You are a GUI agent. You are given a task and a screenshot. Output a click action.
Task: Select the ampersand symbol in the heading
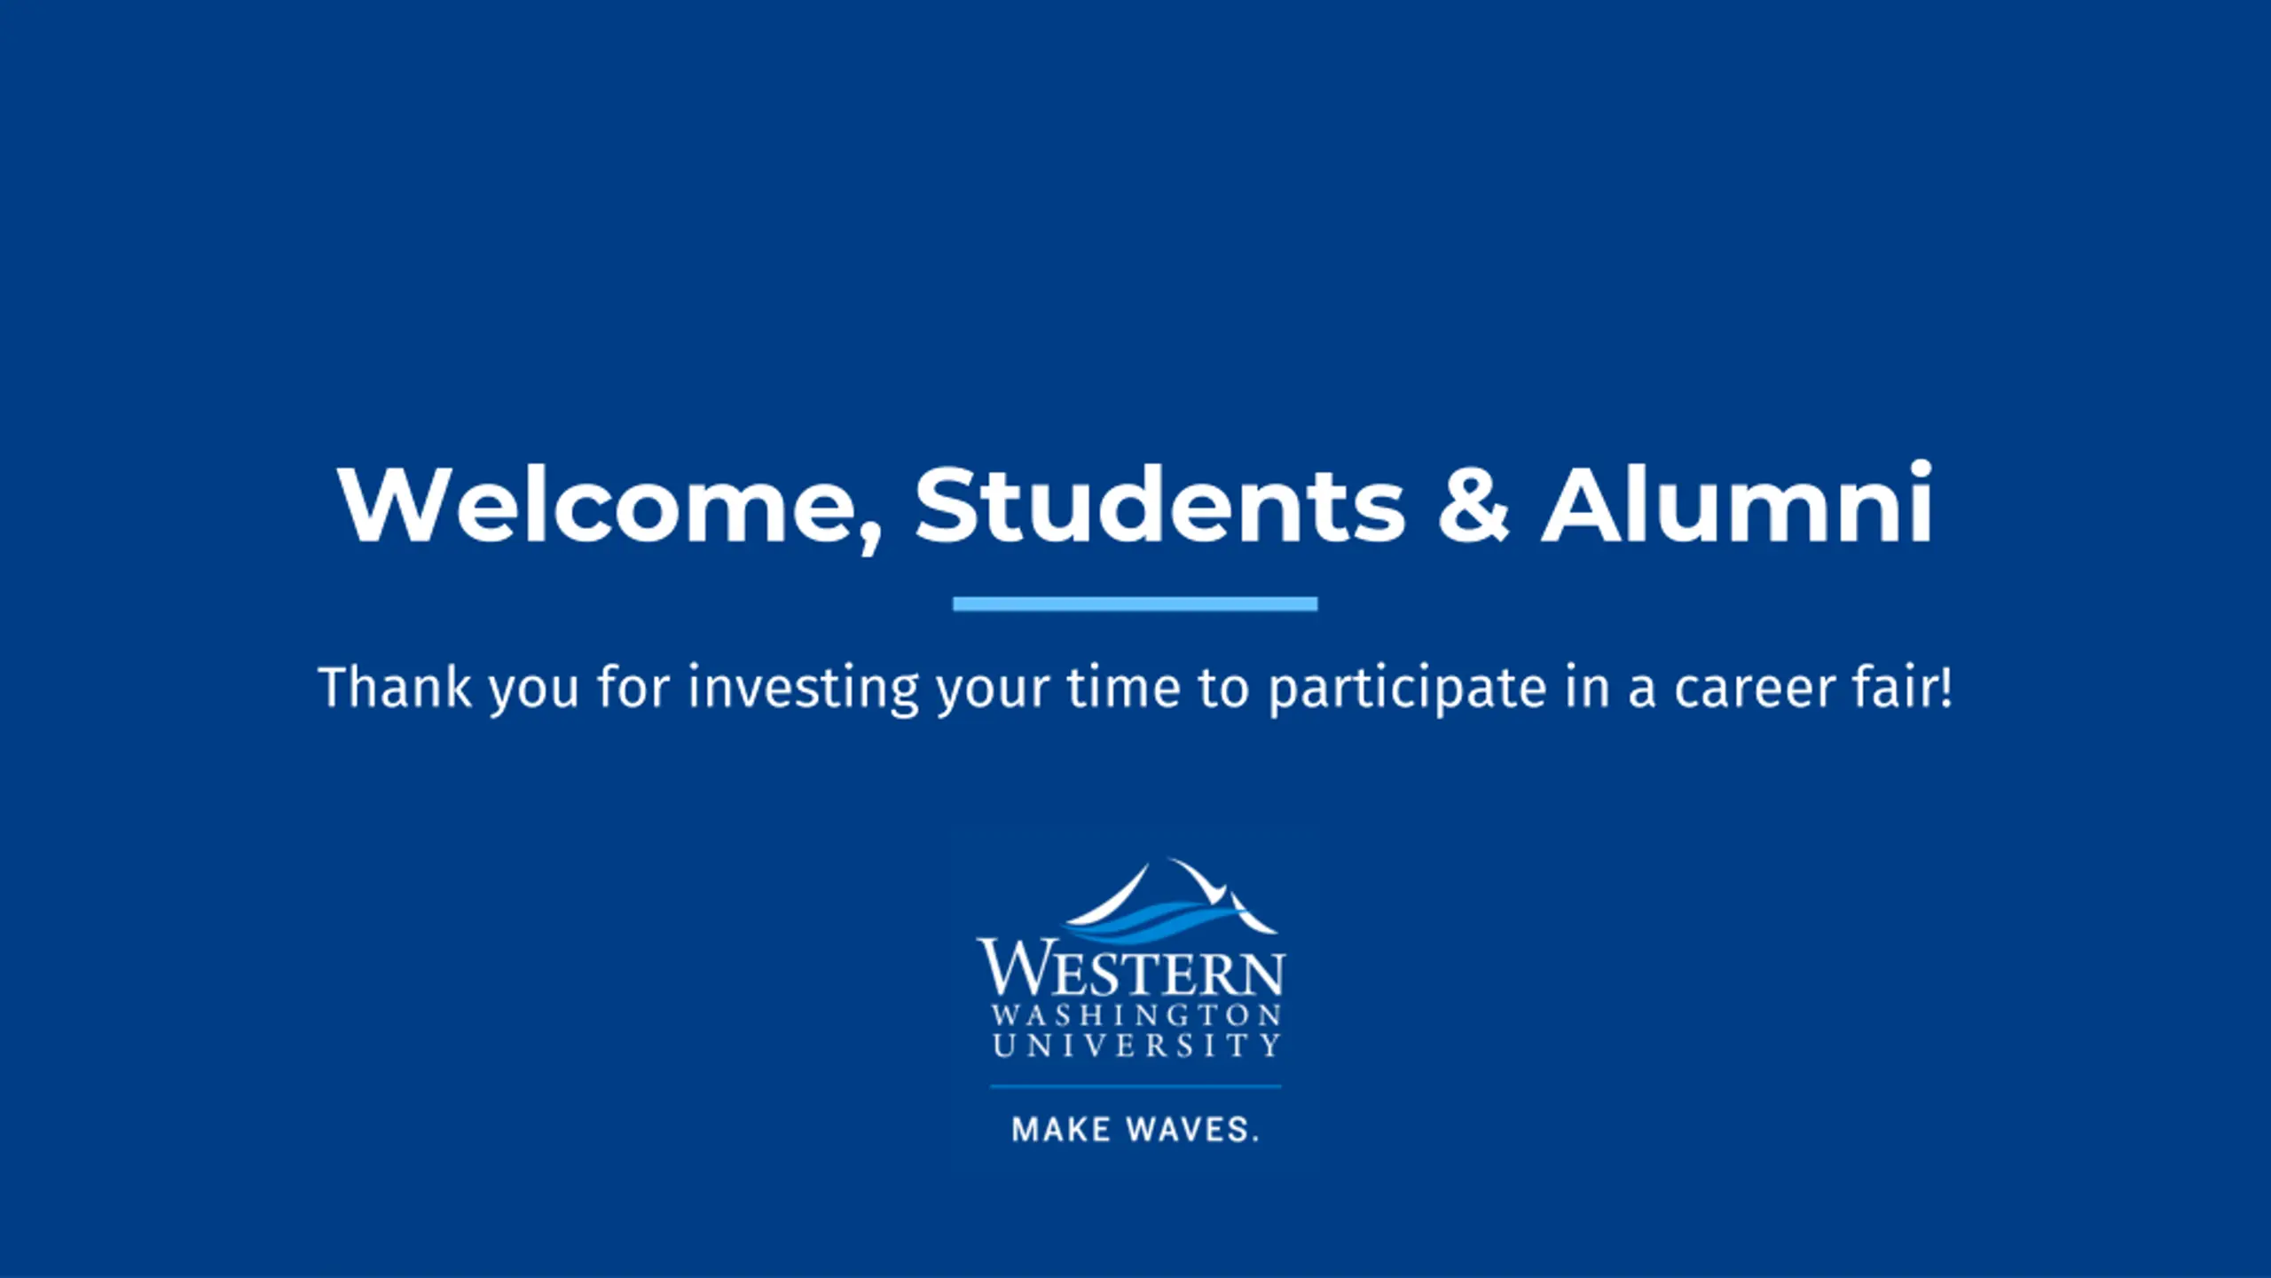coord(1473,503)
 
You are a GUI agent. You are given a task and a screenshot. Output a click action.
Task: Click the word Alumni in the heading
coord(1737,501)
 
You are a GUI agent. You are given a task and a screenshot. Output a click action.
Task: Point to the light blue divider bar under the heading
coord(1135,604)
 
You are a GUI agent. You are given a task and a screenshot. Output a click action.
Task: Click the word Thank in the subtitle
coord(395,687)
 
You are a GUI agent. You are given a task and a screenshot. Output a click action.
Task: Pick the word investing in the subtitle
coord(804,689)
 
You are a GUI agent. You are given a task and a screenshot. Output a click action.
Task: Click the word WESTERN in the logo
coord(1131,969)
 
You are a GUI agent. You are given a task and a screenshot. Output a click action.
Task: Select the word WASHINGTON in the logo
coord(1136,1015)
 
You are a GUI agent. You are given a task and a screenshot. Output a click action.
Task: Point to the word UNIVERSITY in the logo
coord(1136,1045)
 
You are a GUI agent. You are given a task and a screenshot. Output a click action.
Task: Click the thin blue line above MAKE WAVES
coord(1135,1085)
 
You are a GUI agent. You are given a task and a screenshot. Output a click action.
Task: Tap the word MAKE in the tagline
coord(1061,1130)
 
